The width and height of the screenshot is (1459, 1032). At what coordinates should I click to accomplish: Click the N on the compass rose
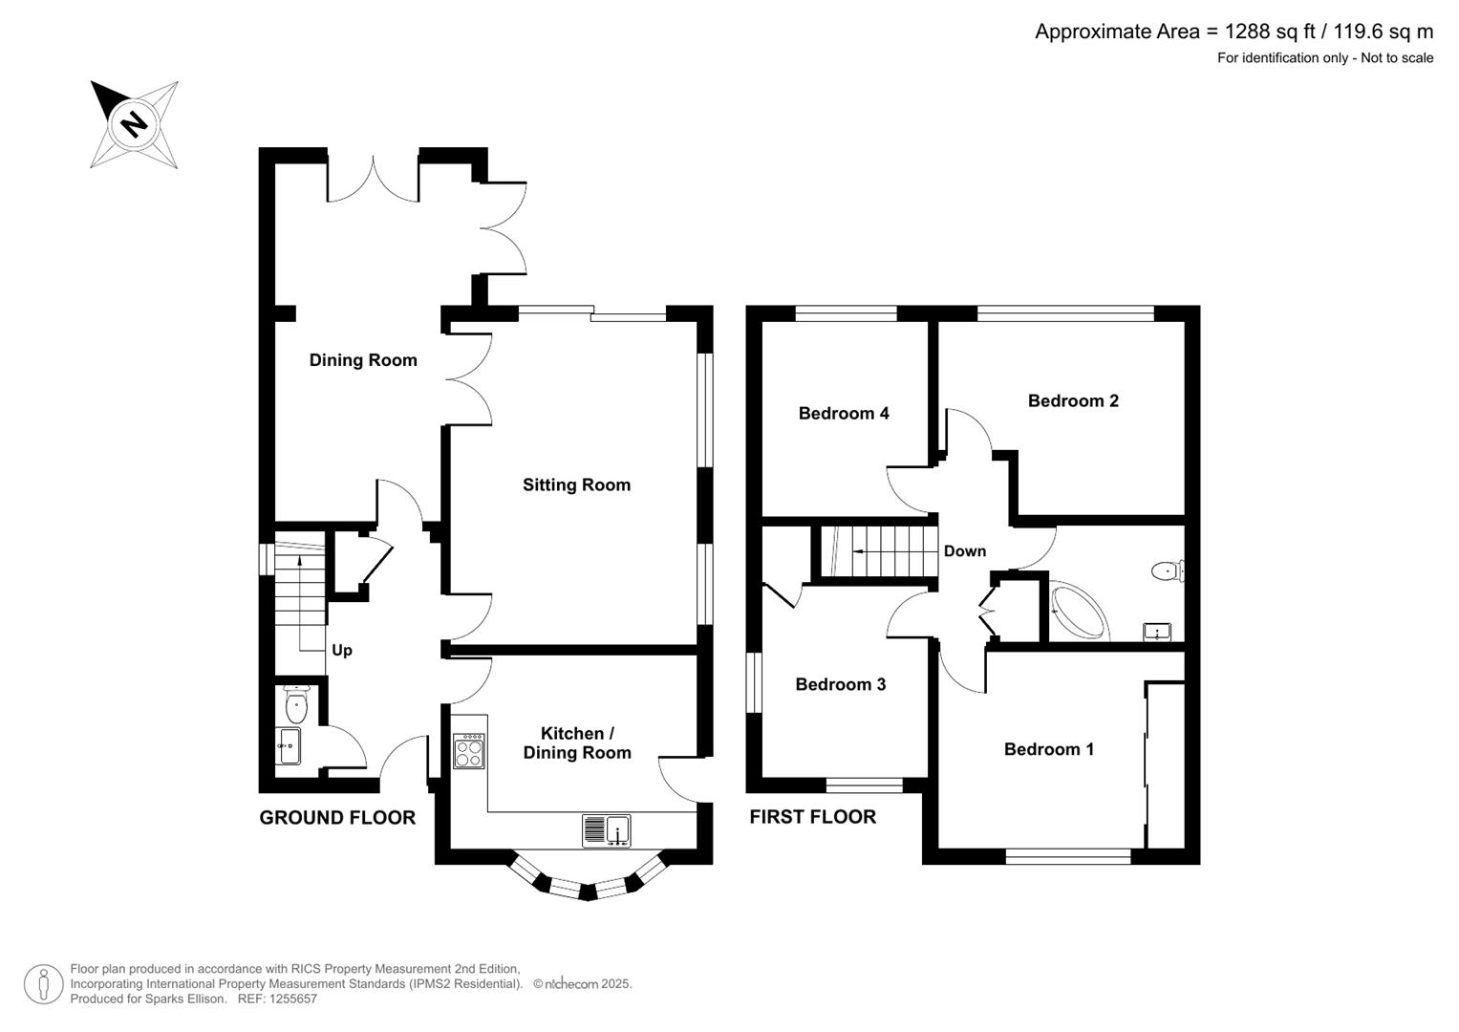(134, 123)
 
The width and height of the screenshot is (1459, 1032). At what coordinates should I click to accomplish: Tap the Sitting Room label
(576, 484)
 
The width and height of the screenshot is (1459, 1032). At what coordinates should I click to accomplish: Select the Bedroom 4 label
(844, 413)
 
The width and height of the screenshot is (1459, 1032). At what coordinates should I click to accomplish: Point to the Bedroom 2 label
(1073, 400)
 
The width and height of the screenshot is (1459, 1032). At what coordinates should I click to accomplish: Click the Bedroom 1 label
(1049, 749)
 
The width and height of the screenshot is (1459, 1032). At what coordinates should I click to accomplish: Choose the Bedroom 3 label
(840, 684)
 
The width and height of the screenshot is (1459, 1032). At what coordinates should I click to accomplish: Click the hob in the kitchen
(469, 751)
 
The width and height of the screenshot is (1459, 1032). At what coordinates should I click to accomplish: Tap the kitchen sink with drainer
(607, 831)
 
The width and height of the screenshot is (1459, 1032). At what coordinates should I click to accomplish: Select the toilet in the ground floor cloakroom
(296, 704)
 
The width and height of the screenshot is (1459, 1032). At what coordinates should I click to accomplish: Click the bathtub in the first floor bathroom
(1079, 610)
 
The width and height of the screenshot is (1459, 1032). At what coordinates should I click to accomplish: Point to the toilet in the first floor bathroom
(1168, 571)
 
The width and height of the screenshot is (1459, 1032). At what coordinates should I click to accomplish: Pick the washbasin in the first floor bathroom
(1157, 632)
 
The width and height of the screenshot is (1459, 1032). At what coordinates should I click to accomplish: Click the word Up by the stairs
(342, 650)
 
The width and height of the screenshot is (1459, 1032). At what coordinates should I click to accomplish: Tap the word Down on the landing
(965, 551)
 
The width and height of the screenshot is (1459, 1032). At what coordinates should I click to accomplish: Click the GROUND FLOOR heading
(337, 818)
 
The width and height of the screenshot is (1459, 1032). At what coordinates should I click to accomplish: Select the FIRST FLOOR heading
(813, 817)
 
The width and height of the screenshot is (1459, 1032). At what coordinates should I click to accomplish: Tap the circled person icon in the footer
(44, 984)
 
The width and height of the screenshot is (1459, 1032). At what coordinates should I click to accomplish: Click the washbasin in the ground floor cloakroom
(290, 745)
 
